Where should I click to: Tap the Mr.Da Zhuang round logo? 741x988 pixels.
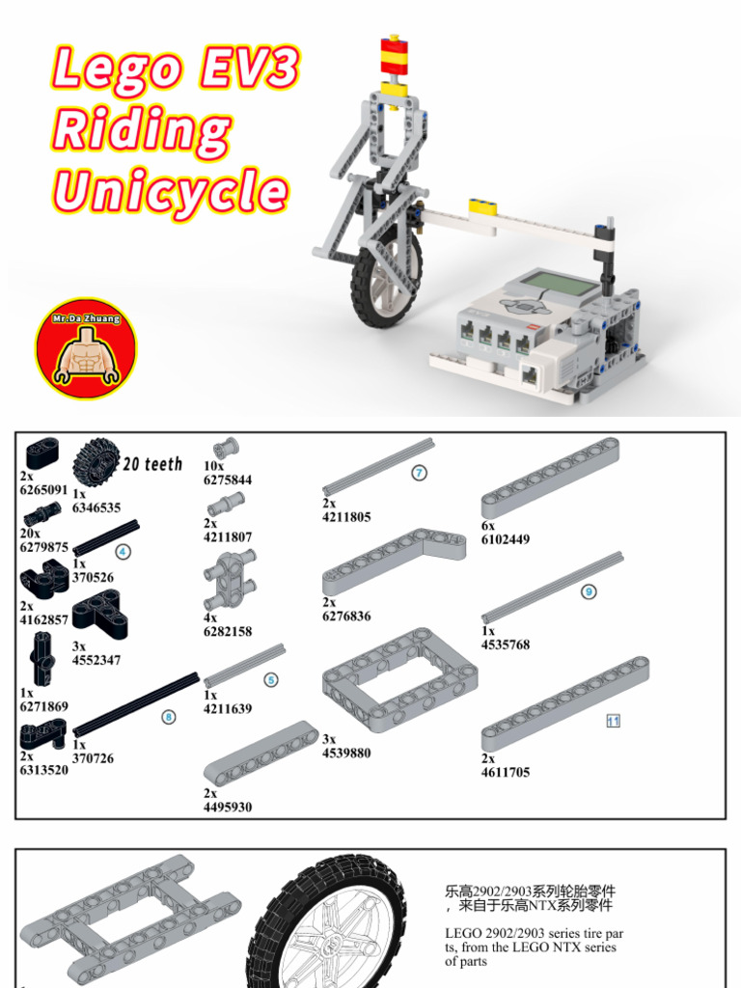point(86,348)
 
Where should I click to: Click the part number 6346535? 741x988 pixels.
point(96,508)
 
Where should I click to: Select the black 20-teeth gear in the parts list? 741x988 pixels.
point(96,463)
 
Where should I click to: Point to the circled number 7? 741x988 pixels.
point(419,472)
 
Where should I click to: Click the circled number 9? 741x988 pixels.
point(589,591)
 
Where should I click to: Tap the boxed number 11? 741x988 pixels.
point(613,720)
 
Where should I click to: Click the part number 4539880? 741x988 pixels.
point(346,753)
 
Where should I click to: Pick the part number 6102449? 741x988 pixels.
point(506,539)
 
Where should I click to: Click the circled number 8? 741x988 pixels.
point(168,717)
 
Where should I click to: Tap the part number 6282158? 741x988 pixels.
point(228,631)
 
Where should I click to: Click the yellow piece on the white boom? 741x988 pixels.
point(483,207)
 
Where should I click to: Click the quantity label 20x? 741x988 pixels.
point(30,533)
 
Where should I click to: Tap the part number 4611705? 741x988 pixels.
point(506,773)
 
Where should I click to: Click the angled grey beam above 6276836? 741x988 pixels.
point(394,562)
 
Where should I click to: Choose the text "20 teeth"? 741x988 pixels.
point(153,464)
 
